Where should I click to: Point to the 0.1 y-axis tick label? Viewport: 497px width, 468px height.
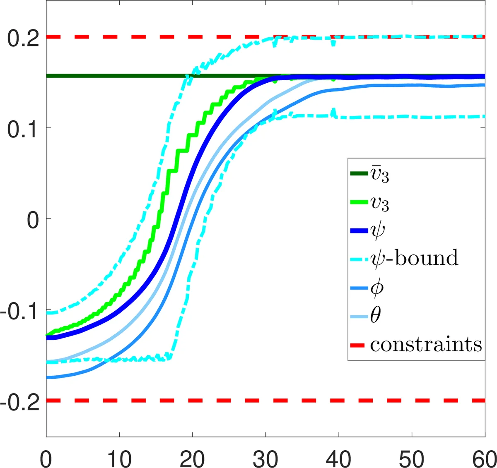click(x=23, y=129)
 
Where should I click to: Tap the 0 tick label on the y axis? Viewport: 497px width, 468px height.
click(x=33, y=220)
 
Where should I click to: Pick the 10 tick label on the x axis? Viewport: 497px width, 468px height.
click(x=119, y=458)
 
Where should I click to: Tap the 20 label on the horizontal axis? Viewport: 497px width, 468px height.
click(x=193, y=458)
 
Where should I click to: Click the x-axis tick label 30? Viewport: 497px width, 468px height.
click(x=265, y=458)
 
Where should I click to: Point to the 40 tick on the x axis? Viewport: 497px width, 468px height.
click(x=339, y=458)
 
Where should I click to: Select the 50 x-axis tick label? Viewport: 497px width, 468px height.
click(x=412, y=458)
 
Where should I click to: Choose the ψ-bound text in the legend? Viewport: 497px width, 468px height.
click(x=414, y=259)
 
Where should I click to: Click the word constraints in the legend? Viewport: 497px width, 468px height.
click(x=426, y=344)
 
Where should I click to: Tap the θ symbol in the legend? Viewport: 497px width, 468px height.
click(x=375, y=316)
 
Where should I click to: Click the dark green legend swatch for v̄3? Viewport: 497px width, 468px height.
click(x=359, y=174)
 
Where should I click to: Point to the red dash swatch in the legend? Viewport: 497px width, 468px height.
click(x=357, y=345)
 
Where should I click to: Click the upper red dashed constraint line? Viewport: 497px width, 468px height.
click(x=166, y=37)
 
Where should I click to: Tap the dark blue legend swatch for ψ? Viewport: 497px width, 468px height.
click(x=359, y=231)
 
